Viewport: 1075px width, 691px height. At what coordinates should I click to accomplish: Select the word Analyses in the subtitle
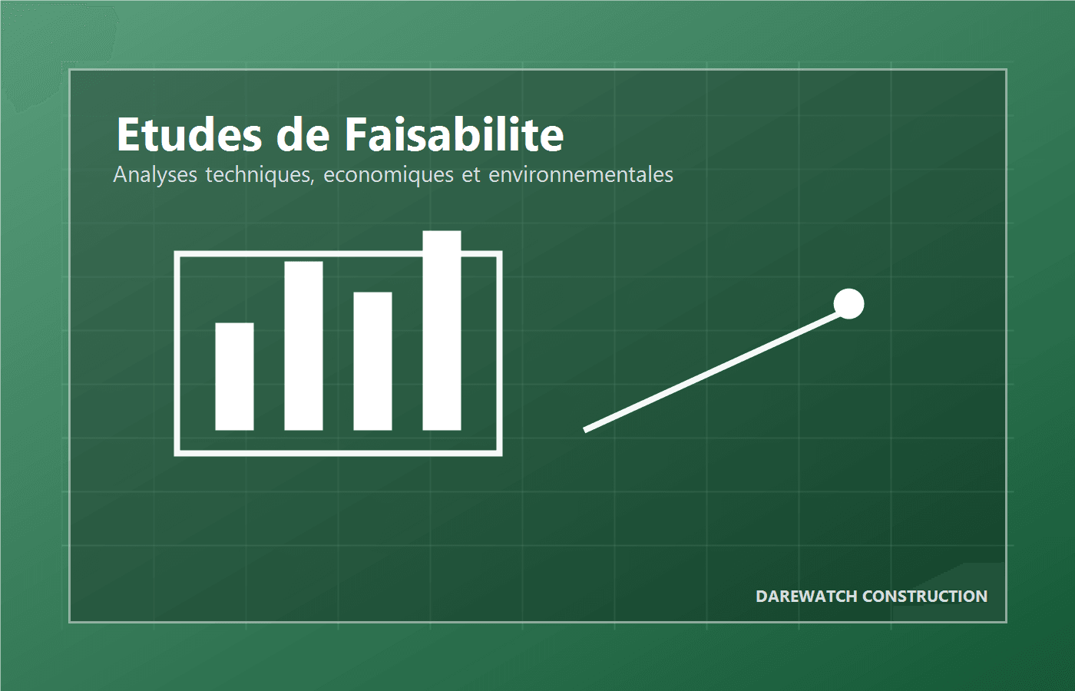(x=155, y=175)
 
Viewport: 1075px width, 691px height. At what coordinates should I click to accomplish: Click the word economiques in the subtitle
(x=389, y=175)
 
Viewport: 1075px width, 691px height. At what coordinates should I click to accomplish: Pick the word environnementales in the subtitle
(x=580, y=175)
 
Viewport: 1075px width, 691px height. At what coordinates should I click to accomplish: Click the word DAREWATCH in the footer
(x=806, y=597)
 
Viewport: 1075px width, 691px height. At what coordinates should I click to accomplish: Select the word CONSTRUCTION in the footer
(x=925, y=597)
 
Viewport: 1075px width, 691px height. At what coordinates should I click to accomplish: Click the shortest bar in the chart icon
(x=234, y=376)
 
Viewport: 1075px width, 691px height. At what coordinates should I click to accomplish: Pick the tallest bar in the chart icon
(x=442, y=330)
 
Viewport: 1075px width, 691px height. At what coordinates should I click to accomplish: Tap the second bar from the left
(x=303, y=345)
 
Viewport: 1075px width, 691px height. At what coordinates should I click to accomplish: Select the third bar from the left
(x=372, y=361)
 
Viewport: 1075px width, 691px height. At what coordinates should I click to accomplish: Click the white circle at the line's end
(x=848, y=304)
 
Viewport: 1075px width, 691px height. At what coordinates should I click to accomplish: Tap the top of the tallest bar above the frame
(x=442, y=233)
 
